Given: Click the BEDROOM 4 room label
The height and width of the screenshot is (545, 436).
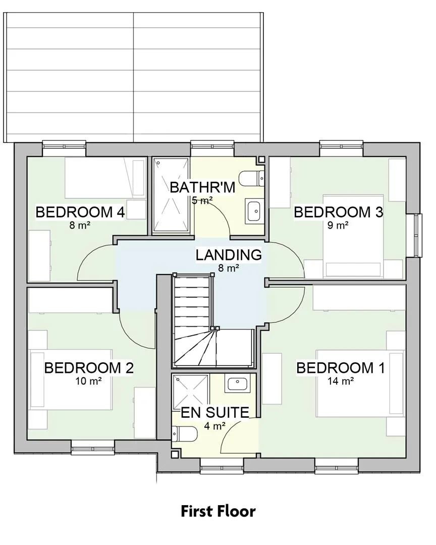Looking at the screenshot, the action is point(80,212).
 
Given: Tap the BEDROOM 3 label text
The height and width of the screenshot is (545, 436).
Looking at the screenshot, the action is point(338,212).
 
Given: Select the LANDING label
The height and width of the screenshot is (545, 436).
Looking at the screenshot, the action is point(229,255).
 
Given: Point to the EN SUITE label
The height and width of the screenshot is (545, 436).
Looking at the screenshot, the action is point(215,412).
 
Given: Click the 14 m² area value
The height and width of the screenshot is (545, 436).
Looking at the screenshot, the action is point(341,381).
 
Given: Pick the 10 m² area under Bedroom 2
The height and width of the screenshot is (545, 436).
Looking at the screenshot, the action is point(89,381).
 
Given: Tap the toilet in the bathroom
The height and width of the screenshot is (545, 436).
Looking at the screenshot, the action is point(253,179).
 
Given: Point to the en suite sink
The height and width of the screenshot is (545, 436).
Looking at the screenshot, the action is point(237,384).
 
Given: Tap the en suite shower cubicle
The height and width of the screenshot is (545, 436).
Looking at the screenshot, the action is point(191,391).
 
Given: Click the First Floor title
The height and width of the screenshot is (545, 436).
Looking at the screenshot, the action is point(218,511).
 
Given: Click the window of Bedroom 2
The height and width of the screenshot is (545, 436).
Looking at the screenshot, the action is point(93,447).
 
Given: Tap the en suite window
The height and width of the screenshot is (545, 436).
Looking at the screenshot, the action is point(222,465).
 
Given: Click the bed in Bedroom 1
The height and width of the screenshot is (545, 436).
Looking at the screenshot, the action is point(360,383).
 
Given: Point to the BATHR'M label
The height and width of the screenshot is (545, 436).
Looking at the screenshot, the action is point(202,187).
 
